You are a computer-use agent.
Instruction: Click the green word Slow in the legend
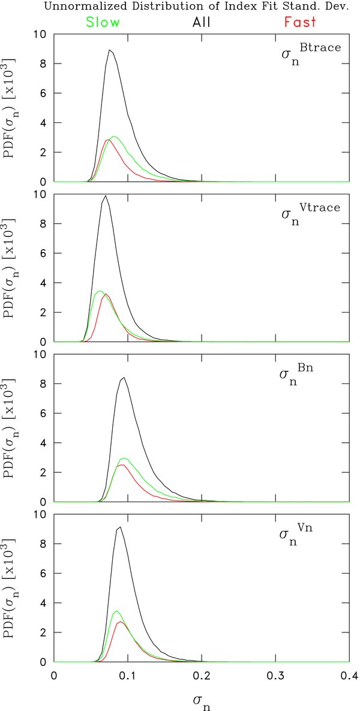[x=103, y=22]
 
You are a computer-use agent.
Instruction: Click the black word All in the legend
[x=202, y=22]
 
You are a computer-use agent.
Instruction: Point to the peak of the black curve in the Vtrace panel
[x=106, y=196]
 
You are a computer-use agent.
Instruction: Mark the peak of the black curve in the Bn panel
[x=124, y=377]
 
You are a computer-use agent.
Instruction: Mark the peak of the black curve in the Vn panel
[x=121, y=527]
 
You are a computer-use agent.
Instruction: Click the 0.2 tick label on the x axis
[x=201, y=675]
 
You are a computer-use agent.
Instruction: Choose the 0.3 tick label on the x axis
[x=275, y=675]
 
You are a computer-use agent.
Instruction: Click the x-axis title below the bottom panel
[x=202, y=700]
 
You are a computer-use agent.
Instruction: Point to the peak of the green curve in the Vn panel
[x=116, y=611]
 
